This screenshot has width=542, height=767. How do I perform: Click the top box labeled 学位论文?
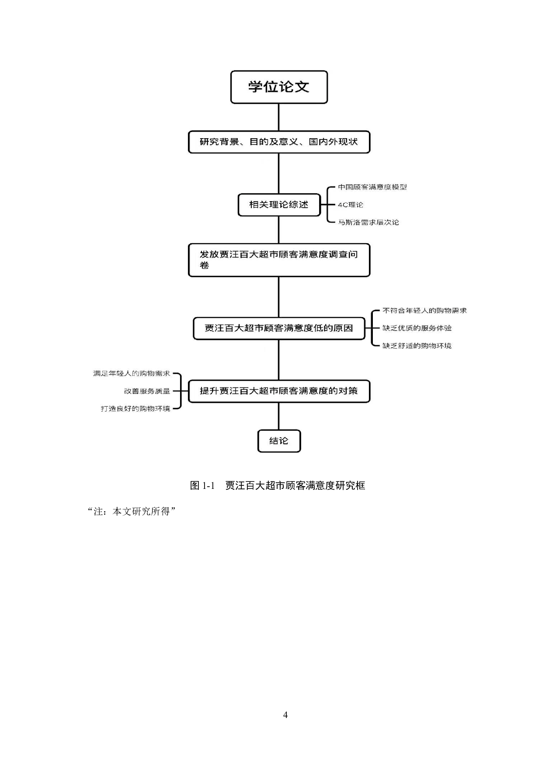point(279,87)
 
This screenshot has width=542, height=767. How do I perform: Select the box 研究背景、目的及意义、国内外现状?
point(279,142)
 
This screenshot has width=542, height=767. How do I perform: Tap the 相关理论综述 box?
point(279,205)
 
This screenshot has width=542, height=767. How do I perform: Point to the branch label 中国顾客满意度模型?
point(372,187)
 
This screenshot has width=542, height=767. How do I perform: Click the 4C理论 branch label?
point(351,205)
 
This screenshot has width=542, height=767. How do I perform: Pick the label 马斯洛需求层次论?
point(368,222)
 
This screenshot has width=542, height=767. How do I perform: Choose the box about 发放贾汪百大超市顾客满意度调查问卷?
point(279,260)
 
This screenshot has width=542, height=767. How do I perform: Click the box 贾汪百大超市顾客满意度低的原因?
point(279,328)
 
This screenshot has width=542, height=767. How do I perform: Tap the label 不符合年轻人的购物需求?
point(424,310)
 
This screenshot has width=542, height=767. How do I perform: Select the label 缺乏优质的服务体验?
point(417,328)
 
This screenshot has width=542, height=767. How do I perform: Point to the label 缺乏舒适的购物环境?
point(417,346)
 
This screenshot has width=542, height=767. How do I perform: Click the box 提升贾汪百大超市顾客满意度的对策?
point(279,391)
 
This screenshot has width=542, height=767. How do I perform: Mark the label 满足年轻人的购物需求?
point(132,373)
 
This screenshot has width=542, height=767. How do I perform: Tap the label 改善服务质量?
point(147,391)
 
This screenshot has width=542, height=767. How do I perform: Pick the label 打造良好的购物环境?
point(135,409)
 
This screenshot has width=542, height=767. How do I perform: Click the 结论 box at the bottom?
point(279,441)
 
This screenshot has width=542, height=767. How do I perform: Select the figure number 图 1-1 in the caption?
point(203,485)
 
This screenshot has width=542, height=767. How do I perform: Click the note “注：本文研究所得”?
point(132,511)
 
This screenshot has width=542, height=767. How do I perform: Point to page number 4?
point(285,715)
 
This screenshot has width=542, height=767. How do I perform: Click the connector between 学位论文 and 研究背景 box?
point(279,117)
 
